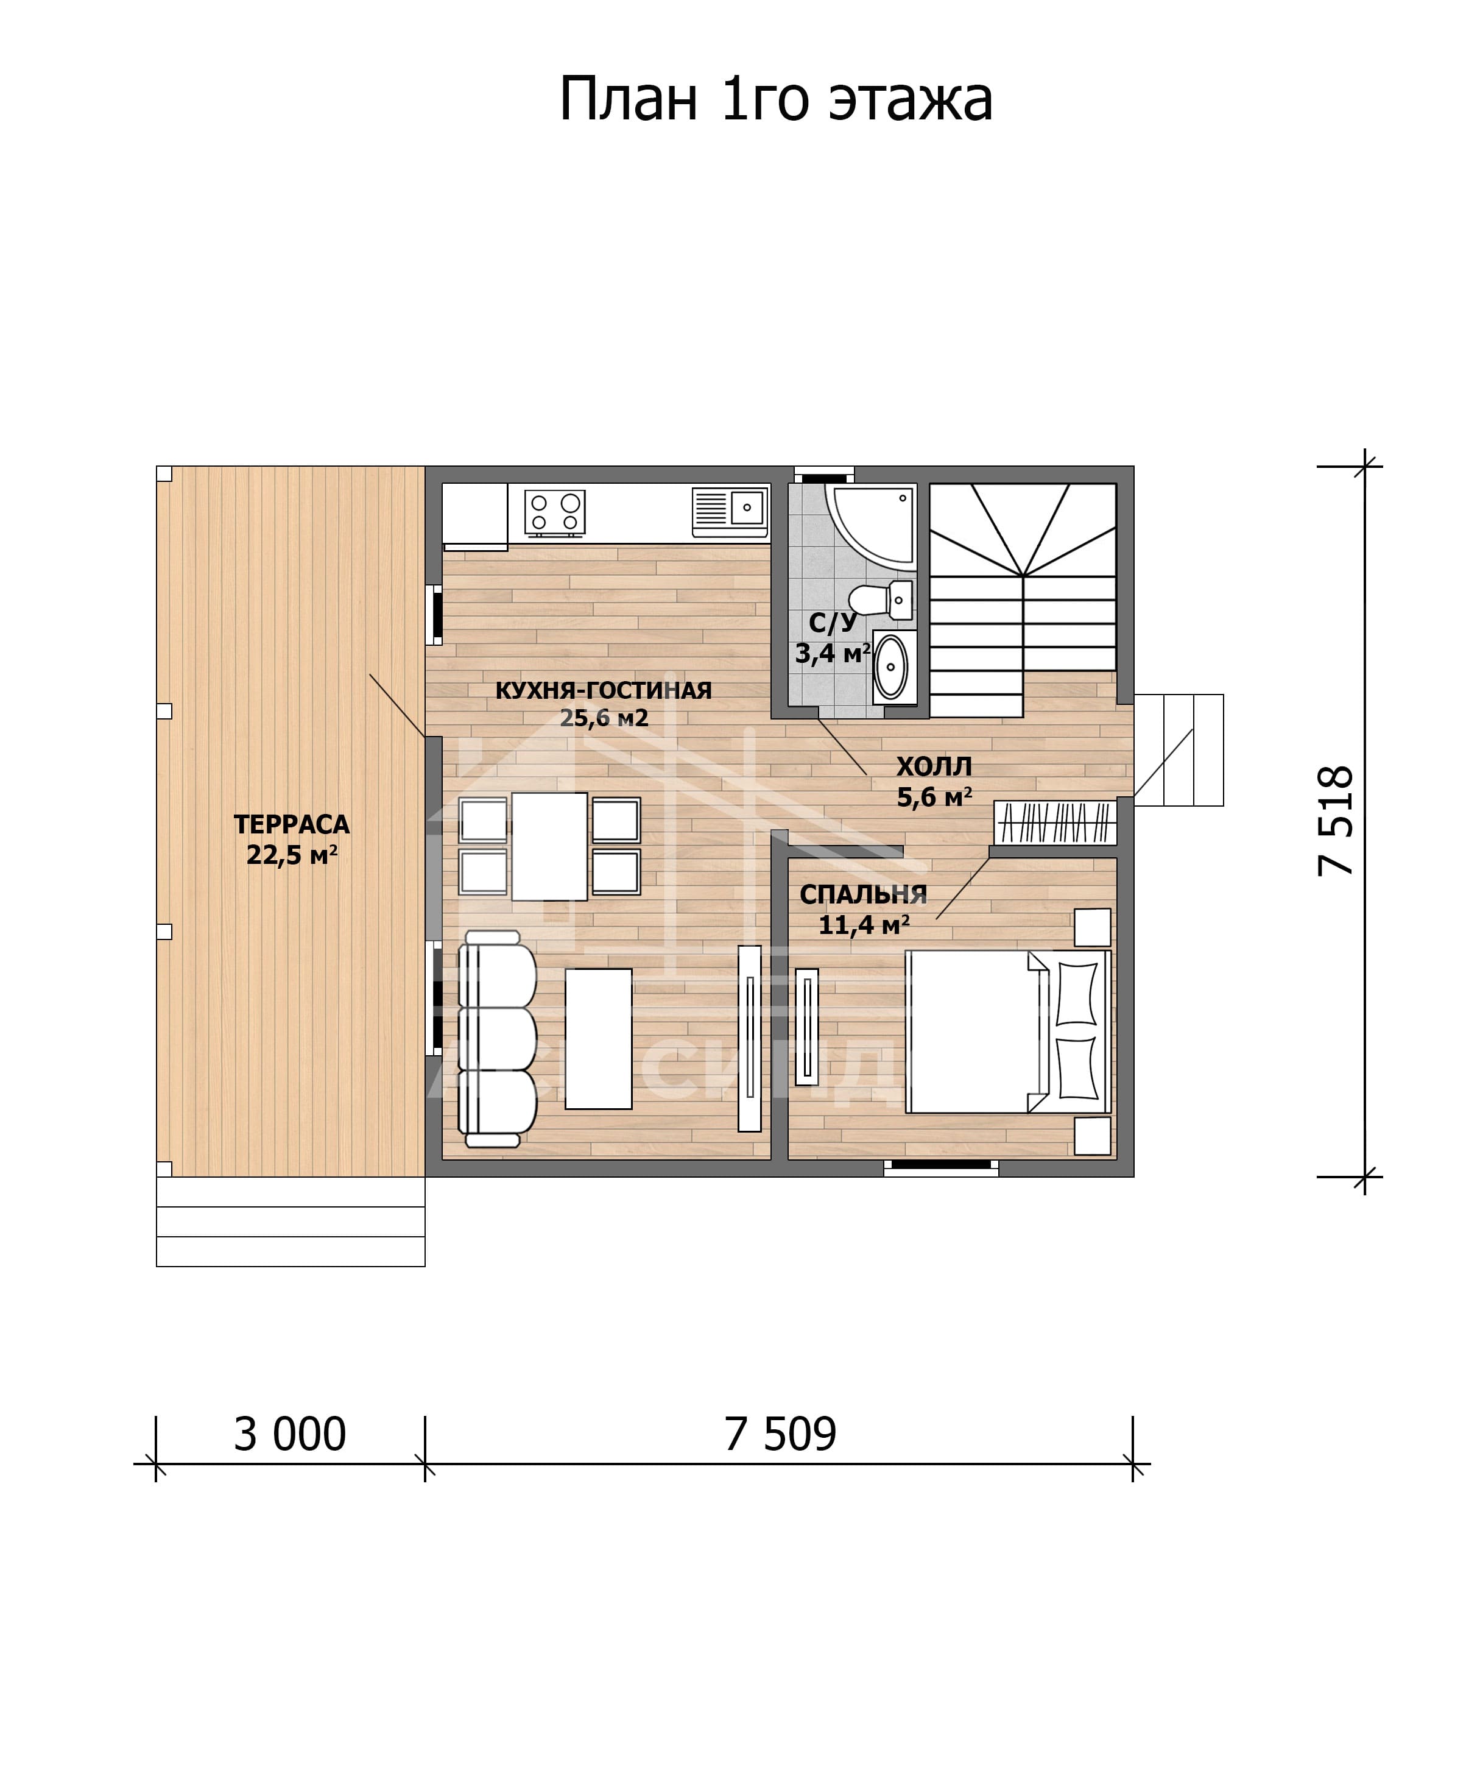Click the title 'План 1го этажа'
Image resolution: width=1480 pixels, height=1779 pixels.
pos(775,100)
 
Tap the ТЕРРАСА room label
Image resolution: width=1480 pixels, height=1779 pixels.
pos(291,824)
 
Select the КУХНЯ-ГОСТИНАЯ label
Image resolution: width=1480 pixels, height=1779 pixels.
pos(603,690)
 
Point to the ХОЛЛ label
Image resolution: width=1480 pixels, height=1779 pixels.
pos(934,766)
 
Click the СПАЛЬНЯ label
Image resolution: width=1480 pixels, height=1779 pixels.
pos(863,894)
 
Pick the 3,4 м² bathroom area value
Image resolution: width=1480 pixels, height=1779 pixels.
pos(833,653)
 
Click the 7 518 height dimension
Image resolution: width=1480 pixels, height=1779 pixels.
pos(1336,820)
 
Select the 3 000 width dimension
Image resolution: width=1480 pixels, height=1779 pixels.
pos(289,1435)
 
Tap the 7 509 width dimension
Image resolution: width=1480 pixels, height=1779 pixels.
pos(780,1435)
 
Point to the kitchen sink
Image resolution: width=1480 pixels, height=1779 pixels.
pos(730,511)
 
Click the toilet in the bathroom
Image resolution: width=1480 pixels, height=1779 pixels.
pos(881,599)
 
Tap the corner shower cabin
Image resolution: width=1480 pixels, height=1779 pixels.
pos(871,526)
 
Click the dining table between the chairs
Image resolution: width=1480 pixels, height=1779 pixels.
pos(549,846)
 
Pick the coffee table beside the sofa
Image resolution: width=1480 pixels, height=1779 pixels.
pos(599,1039)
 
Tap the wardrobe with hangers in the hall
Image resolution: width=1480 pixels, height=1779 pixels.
pos(1055,822)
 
